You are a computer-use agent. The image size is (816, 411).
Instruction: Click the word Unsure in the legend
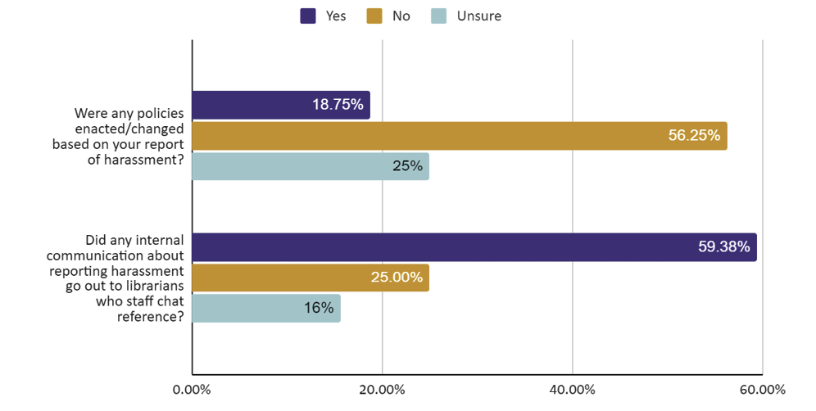tap(478, 16)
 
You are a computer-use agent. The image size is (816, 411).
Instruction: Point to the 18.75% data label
tap(337, 105)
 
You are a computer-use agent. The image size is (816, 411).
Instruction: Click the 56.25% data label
tap(694, 136)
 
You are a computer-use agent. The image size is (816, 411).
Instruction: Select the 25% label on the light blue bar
tap(407, 166)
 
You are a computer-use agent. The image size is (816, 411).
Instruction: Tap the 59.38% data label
tap(723, 247)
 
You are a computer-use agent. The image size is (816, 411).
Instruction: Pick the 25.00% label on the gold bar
tap(397, 278)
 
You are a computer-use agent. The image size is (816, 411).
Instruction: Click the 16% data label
tap(319, 309)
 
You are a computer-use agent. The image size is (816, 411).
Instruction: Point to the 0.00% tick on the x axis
tap(192, 389)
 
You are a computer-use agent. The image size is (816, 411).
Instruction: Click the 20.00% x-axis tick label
tap(382, 389)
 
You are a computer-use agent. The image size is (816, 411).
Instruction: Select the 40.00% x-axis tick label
tap(572, 389)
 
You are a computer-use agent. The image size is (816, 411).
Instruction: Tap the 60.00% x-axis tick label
tap(762, 389)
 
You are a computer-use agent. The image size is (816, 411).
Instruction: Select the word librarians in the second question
tap(153, 285)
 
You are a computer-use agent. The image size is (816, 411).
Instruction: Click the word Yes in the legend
tap(335, 16)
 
